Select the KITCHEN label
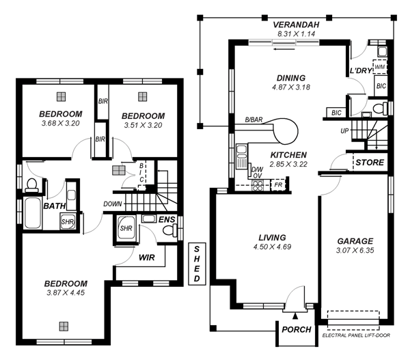click(288, 155)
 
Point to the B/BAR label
click(254, 121)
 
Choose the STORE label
click(370, 163)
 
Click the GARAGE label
click(355, 241)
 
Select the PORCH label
click(296, 329)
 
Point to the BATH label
click(54, 206)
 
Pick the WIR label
click(148, 258)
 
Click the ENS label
click(167, 219)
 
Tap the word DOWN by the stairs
click(113, 204)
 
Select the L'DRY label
click(361, 71)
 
